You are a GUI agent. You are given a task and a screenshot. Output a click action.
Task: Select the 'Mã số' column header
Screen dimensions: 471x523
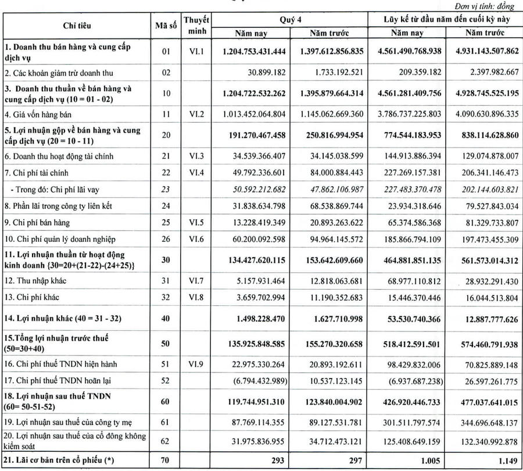pyautogui.click(x=166, y=26)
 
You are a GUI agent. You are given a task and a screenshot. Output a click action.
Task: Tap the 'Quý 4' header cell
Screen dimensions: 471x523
pyautogui.click(x=290, y=20)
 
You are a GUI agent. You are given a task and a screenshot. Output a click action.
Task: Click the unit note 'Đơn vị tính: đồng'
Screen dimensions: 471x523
pyautogui.click(x=488, y=5)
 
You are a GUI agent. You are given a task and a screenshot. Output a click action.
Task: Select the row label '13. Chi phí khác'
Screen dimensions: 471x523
pyautogui.click(x=33, y=298)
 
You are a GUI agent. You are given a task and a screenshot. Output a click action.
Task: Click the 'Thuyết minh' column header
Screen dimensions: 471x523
pyautogui.click(x=196, y=26)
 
